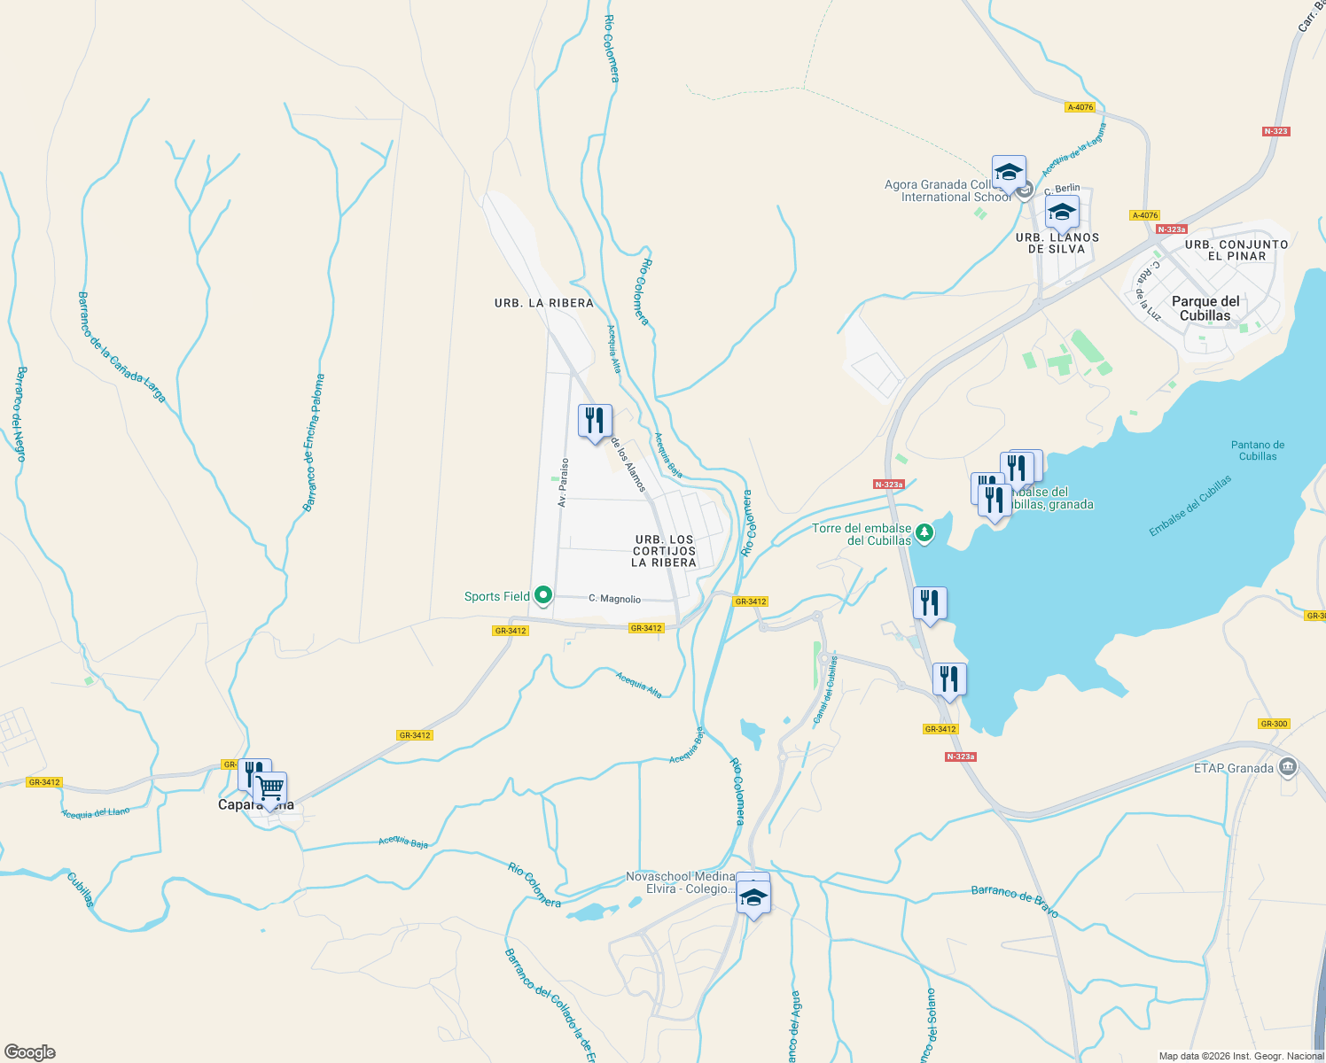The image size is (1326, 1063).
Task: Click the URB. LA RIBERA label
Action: point(543,303)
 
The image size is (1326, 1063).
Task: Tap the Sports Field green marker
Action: point(542,596)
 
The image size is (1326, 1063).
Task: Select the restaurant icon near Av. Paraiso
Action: point(595,421)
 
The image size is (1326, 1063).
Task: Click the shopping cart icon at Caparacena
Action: point(269,788)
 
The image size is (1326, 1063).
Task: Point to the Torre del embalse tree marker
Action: point(924,532)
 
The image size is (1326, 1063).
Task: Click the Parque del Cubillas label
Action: point(1205,308)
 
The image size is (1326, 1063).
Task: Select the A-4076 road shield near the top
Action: point(1080,107)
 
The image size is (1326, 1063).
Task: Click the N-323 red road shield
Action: point(1275,131)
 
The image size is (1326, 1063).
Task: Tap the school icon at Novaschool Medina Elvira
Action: point(753,898)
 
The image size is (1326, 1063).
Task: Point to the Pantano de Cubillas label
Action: point(1257,451)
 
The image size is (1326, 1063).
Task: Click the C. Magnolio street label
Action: point(614,599)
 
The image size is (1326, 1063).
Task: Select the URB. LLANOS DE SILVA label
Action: point(1057,244)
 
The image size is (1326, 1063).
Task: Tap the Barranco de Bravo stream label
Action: point(1015,899)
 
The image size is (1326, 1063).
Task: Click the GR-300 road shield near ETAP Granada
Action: point(1274,724)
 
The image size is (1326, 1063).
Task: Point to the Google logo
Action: point(30,1052)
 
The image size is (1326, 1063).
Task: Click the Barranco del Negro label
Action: point(20,414)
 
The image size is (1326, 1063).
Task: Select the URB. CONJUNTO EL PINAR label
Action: point(1236,250)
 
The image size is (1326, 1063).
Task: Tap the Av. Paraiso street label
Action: point(563,482)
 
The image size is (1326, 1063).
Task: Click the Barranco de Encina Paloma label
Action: point(314,443)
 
